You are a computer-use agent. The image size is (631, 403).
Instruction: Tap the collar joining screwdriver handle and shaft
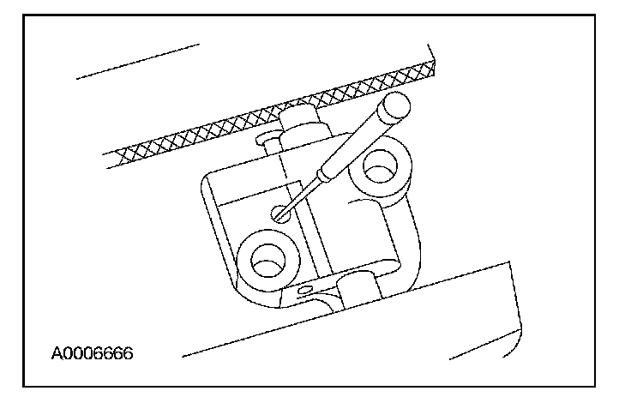point(324,175)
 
